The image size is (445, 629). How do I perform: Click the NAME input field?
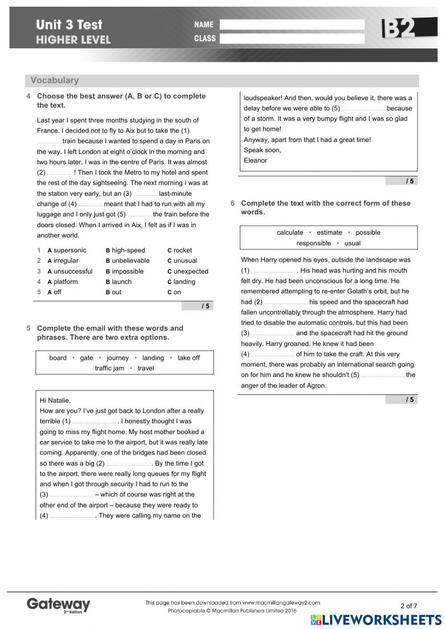292,24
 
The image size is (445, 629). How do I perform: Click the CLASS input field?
292,39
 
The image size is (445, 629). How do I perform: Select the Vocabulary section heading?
55,81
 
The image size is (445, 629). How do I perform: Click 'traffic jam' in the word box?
109,368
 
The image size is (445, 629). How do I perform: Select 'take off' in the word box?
189,358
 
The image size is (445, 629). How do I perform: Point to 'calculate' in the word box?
290,232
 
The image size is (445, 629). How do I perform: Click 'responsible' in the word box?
314,243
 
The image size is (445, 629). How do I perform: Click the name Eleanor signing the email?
255,160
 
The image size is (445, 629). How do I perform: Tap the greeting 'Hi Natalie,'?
55,400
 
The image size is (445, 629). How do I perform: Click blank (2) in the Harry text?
286,302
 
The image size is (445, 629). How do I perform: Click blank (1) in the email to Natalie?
94,422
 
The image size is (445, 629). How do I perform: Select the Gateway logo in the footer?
58,605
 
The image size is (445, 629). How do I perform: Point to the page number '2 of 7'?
409,605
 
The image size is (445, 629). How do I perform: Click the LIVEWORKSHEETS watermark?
376,620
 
